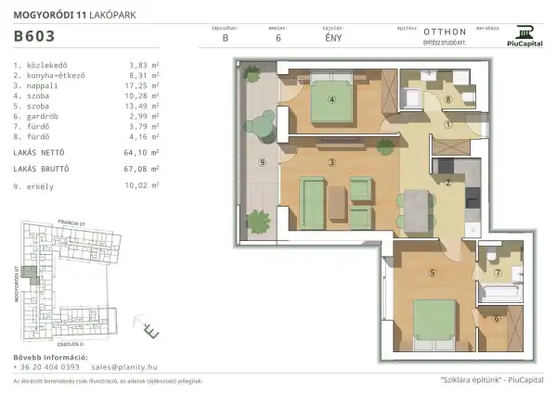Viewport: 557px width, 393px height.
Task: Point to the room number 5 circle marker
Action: (433, 273)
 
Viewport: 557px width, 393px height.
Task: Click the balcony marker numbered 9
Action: (263, 163)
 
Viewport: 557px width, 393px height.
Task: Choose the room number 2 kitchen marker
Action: (447, 183)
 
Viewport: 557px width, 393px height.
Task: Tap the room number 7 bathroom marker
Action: (498, 274)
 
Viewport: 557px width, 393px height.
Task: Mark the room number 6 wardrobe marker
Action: (497, 320)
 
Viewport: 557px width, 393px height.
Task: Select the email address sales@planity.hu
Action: (130, 367)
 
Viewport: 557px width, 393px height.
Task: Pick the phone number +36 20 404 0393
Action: (46, 367)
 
